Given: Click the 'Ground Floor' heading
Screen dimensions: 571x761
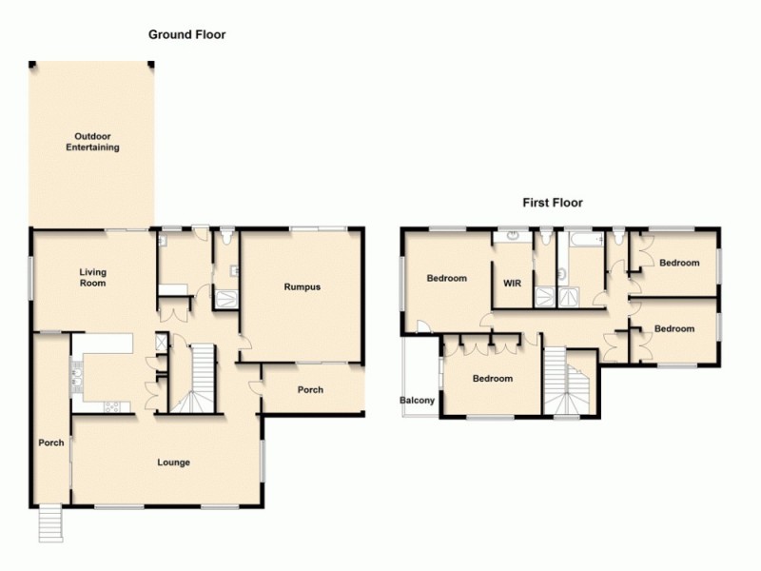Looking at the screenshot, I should (x=186, y=34).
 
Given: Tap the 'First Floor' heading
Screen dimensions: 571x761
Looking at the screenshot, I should (x=552, y=203).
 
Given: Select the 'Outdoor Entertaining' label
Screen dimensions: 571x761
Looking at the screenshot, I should (x=92, y=142).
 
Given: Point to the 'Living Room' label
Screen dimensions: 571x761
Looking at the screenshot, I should (x=92, y=278).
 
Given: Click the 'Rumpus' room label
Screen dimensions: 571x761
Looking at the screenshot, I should (x=302, y=286).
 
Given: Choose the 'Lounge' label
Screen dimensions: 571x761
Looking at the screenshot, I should (x=174, y=463).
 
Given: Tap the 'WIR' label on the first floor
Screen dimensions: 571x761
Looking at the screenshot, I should (x=512, y=283).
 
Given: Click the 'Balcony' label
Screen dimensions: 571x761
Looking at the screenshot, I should (x=417, y=401).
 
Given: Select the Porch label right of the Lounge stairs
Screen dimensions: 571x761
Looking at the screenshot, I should (x=310, y=390).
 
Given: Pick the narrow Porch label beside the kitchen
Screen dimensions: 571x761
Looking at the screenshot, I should (x=50, y=443).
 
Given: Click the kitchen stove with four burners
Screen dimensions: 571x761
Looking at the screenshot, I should (x=111, y=406).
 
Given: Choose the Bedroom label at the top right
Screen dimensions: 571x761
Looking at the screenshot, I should (x=679, y=264).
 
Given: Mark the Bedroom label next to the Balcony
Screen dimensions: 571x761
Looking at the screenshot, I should (x=493, y=379).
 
